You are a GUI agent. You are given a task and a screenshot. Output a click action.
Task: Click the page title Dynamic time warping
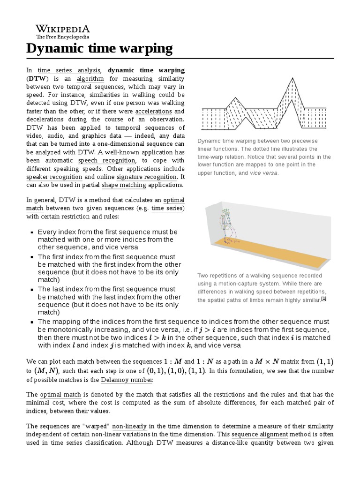click(x=99, y=48)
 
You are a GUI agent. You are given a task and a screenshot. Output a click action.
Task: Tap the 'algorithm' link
click(x=90, y=79)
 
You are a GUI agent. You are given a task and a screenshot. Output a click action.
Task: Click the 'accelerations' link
click(x=153, y=112)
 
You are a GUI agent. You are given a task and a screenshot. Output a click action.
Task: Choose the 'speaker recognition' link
click(x=54, y=177)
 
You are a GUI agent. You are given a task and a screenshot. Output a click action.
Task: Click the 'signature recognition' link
click(x=147, y=177)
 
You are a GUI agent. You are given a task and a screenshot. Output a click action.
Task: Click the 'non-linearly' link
click(x=129, y=426)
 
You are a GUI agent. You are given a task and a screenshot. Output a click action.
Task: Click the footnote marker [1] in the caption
click(x=323, y=299)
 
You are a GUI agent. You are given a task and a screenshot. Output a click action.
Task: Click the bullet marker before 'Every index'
click(x=31, y=232)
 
